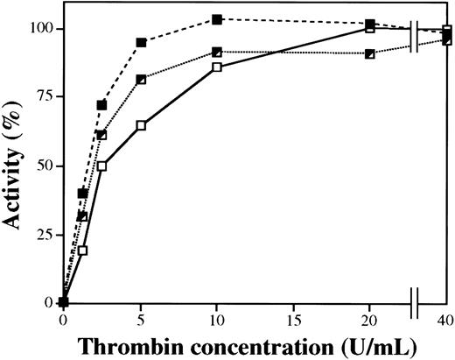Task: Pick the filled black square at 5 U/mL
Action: point(141,42)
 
